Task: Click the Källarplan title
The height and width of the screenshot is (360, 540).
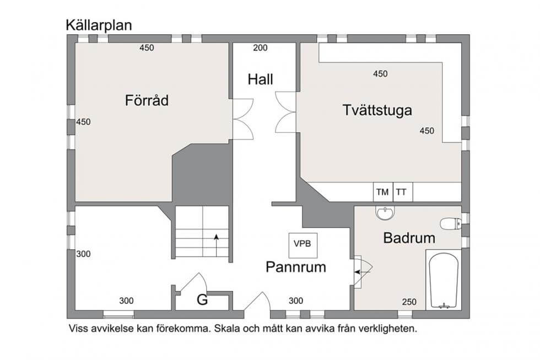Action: [99, 25]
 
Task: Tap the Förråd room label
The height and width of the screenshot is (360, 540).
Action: [147, 100]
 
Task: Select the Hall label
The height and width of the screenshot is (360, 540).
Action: [260, 79]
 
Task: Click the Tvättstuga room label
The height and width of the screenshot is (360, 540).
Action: [377, 110]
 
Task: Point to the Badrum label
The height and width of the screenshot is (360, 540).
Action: [409, 238]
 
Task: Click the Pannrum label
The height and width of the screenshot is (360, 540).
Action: [296, 267]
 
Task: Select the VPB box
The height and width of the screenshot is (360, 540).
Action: [303, 245]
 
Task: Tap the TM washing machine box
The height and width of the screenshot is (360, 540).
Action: [383, 192]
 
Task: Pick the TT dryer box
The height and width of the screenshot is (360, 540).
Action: [403, 192]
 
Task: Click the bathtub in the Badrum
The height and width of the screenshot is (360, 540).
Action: [443, 280]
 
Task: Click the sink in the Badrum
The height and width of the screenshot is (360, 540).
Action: [385, 213]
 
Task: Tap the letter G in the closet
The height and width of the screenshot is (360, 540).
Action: [203, 300]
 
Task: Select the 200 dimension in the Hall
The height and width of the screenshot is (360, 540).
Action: [260, 48]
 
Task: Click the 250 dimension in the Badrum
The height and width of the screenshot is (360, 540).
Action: [409, 302]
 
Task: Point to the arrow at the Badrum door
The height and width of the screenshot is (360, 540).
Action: [363, 272]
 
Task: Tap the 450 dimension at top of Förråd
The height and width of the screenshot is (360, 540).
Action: [147, 48]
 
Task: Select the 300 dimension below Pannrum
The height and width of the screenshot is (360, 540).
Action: [296, 301]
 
